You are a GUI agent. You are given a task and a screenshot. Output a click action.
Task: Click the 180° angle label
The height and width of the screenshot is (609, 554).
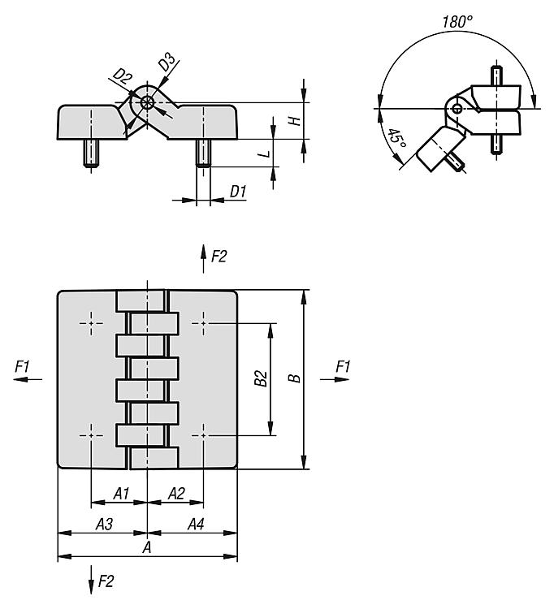(x=457, y=21)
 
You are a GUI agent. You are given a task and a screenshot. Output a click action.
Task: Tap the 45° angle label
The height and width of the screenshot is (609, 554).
(x=396, y=139)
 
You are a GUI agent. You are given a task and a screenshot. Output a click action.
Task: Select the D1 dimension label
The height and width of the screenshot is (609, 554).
(x=238, y=191)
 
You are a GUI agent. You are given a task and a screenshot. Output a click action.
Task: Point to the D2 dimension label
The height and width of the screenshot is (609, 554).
(x=122, y=77)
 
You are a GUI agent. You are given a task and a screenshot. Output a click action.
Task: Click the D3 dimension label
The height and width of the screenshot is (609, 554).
(x=167, y=63)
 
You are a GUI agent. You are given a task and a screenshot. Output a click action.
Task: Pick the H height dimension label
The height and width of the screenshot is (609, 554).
(x=295, y=121)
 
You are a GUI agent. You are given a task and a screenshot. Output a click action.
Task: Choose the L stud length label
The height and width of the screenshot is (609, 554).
(x=265, y=153)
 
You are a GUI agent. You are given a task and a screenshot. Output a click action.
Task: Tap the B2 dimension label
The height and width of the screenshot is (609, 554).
(x=261, y=378)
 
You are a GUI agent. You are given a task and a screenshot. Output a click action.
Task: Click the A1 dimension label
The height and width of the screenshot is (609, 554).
(x=121, y=494)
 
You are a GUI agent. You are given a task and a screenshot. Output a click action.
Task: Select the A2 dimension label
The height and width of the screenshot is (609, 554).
(x=176, y=494)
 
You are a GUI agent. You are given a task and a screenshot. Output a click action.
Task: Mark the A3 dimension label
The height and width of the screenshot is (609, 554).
(x=104, y=525)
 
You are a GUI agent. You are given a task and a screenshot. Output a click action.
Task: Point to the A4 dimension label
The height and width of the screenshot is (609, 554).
(x=196, y=525)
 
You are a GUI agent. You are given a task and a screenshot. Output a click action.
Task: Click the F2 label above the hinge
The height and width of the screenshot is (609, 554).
(x=219, y=257)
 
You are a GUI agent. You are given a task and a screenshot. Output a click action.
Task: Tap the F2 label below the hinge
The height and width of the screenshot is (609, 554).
(x=106, y=581)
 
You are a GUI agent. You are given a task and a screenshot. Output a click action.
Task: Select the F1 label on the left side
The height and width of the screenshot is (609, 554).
(x=22, y=366)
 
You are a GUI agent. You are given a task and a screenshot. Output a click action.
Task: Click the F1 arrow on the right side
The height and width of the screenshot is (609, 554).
(x=335, y=379)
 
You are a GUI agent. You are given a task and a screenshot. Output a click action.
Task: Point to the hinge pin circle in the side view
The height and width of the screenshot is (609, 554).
(x=147, y=103)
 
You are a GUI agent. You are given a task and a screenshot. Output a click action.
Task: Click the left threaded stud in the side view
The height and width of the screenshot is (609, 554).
(x=91, y=153)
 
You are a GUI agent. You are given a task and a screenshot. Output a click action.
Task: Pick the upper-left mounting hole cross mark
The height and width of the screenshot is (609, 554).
(x=91, y=323)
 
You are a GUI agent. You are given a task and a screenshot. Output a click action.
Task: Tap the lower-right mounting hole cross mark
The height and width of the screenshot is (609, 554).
(x=203, y=435)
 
